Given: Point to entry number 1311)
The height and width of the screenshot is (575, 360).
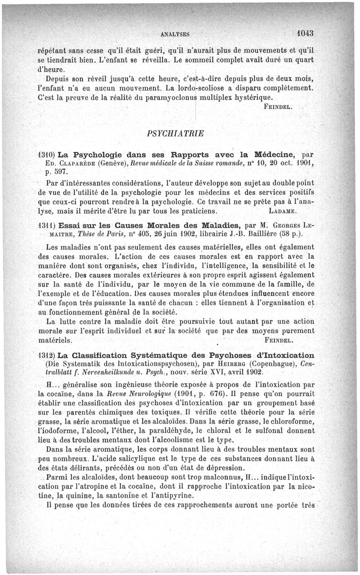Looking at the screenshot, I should (45, 225).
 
